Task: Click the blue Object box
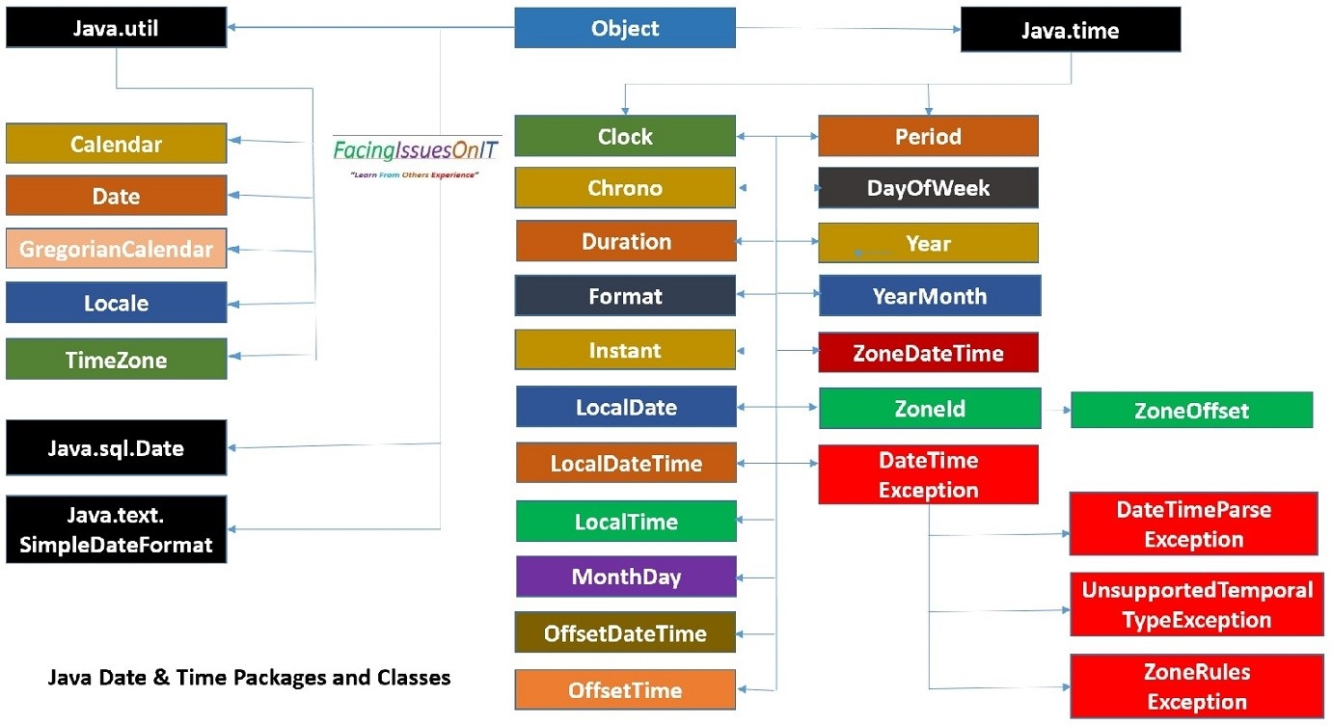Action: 624,28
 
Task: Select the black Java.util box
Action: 116,27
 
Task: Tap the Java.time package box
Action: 1070,31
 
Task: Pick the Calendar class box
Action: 116,144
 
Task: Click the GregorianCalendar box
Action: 116,249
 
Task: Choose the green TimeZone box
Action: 116,359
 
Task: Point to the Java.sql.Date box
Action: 116,447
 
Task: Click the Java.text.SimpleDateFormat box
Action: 116,529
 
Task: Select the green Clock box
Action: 624,136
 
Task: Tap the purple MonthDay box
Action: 626,577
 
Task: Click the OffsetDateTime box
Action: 625,632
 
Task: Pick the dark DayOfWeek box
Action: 928,188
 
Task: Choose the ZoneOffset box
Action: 1191,410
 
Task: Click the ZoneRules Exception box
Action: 1196,685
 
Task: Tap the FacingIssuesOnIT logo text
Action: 416,150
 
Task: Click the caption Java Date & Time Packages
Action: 249,677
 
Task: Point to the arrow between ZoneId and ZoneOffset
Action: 1056,410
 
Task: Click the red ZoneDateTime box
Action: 928,353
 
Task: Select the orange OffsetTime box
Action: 625,689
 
